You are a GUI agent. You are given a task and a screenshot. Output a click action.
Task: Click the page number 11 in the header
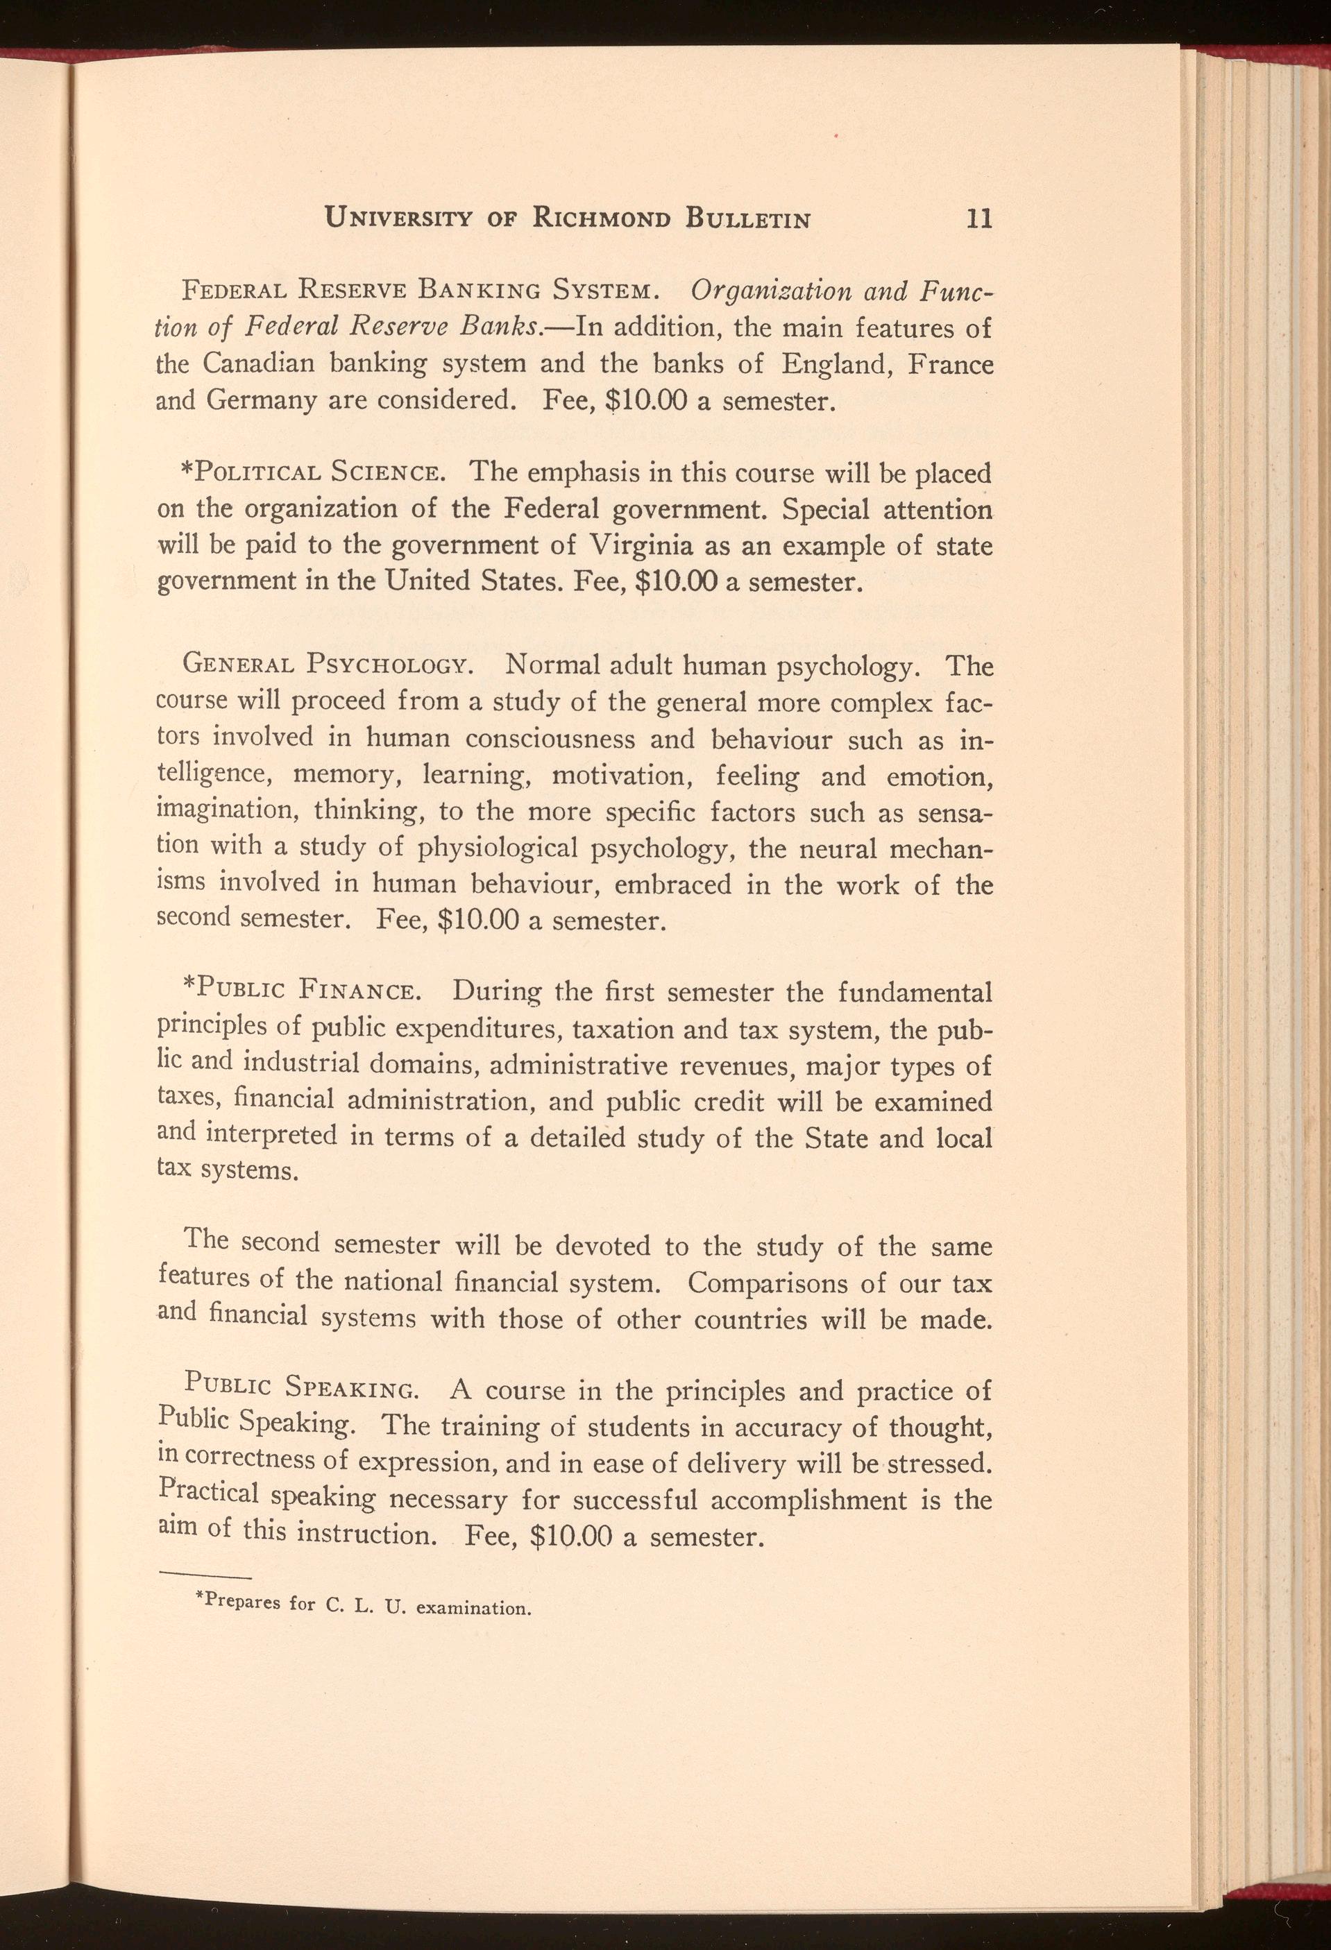click(x=979, y=220)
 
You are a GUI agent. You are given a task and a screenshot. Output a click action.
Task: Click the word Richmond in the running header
click(x=602, y=220)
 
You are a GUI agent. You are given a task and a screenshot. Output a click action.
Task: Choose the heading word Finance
click(x=358, y=993)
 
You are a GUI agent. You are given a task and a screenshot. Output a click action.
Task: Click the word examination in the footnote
click(x=474, y=1609)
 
